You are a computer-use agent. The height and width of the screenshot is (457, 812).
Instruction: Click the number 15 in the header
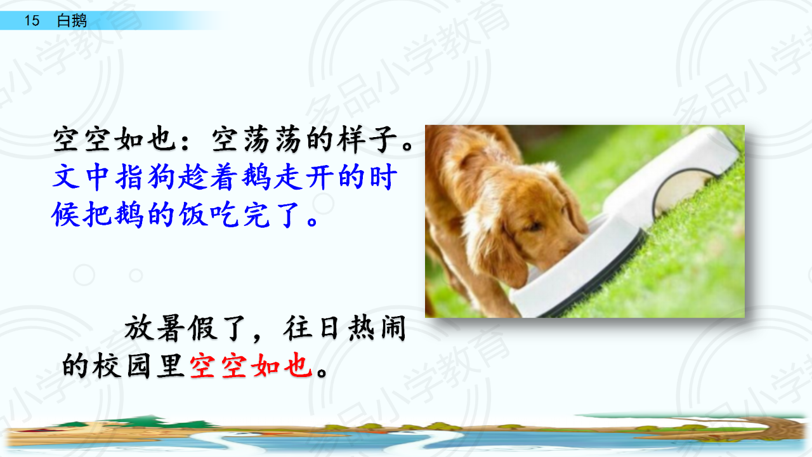32,20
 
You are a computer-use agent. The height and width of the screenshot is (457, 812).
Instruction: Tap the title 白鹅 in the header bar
72,20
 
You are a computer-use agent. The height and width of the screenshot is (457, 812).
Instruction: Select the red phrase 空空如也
251,366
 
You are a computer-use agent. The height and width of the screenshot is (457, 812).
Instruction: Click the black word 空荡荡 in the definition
256,139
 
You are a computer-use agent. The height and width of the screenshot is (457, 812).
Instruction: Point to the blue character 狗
161,177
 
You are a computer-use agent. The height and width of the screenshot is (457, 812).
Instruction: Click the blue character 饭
194,215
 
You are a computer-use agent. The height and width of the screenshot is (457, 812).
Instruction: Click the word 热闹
377,329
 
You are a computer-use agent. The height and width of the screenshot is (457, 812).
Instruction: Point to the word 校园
121,366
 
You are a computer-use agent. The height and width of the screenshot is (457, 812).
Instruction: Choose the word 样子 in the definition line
367,139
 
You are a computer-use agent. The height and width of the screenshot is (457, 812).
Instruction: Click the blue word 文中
81,177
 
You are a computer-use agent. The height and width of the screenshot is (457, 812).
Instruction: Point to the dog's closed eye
533,227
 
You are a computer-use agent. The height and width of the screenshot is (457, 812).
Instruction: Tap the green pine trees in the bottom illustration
152,422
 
